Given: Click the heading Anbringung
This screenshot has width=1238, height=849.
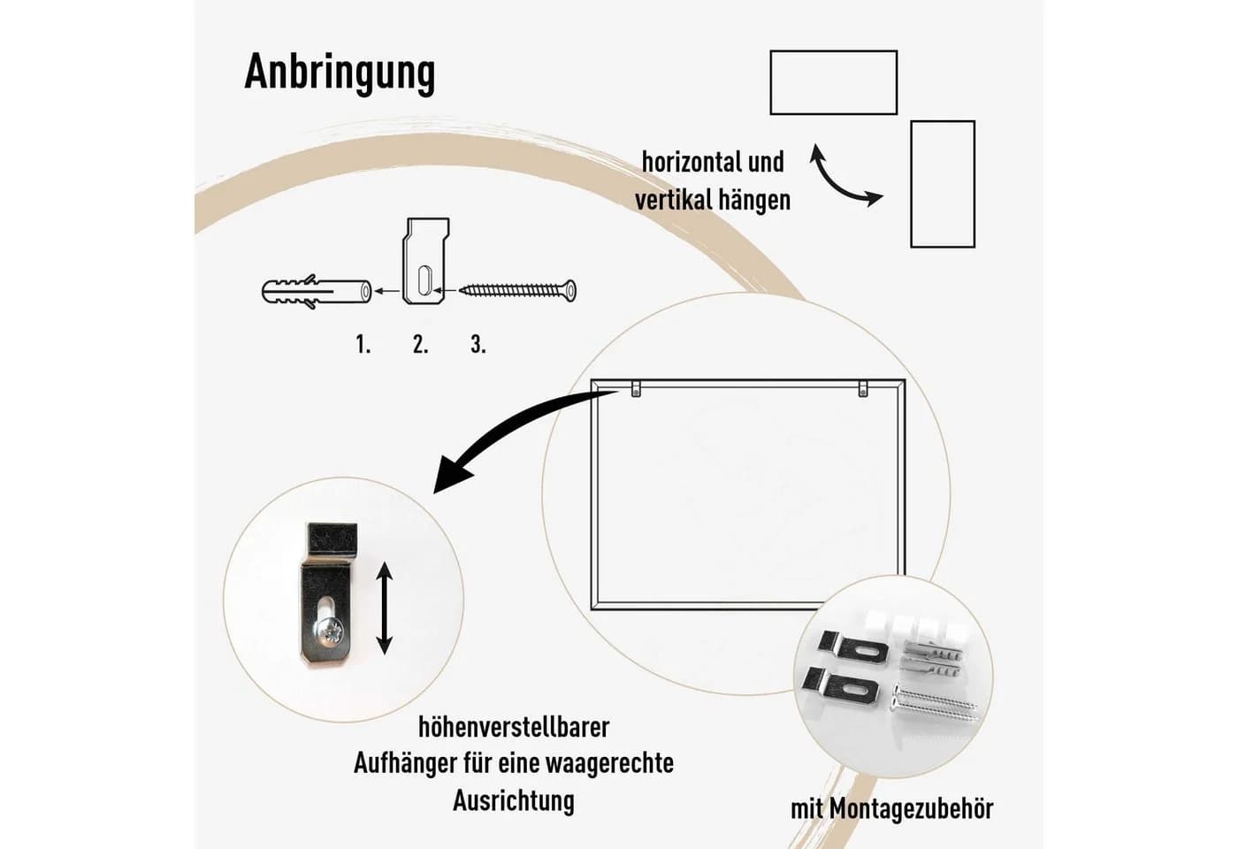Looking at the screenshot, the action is tap(340, 73).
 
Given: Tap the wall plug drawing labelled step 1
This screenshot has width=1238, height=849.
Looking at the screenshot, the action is tap(317, 291).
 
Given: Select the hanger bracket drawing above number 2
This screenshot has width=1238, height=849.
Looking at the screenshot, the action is tap(425, 261).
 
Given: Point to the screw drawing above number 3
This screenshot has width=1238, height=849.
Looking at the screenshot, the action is tap(518, 290).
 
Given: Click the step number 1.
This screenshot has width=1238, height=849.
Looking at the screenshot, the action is tap(363, 344).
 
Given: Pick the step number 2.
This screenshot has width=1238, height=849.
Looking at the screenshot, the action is tap(421, 344).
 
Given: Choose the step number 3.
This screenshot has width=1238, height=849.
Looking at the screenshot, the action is tap(478, 344).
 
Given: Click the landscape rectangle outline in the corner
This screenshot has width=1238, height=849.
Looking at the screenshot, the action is tap(833, 51).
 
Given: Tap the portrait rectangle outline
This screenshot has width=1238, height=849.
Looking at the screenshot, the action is tap(912, 184).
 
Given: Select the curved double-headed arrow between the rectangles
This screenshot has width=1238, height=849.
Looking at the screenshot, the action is tap(838, 185).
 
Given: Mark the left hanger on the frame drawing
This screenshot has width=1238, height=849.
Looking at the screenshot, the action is tap(636, 388).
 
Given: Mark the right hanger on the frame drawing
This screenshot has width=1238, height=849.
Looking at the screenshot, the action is tap(863, 388).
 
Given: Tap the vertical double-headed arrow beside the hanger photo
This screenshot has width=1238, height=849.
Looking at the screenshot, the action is tap(384, 608).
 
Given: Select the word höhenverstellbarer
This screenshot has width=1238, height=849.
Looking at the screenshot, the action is tap(514, 727).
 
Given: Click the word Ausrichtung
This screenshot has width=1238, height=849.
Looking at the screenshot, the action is tap(514, 800).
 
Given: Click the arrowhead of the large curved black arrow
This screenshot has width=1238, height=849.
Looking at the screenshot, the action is tap(450, 477).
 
